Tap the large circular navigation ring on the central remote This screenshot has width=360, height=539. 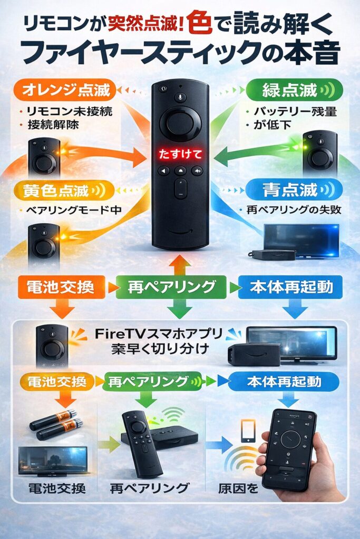(180, 124)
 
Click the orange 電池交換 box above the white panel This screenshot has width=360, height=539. (56, 287)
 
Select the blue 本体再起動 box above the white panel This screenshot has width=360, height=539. (289, 287)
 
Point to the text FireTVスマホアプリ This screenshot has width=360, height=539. (159, 333)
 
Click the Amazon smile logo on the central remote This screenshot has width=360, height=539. (180, 233)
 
